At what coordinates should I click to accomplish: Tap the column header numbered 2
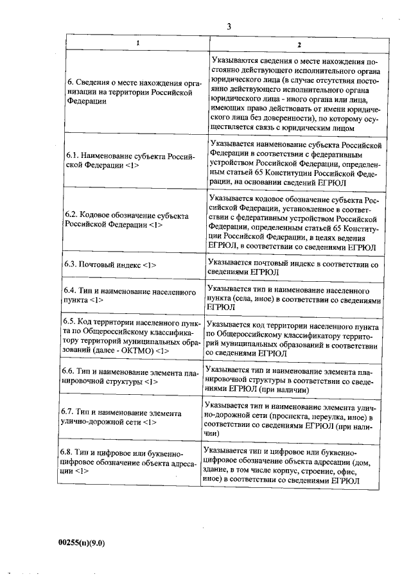click(298, 44)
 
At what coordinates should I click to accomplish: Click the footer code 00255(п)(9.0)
click(81, 542)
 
